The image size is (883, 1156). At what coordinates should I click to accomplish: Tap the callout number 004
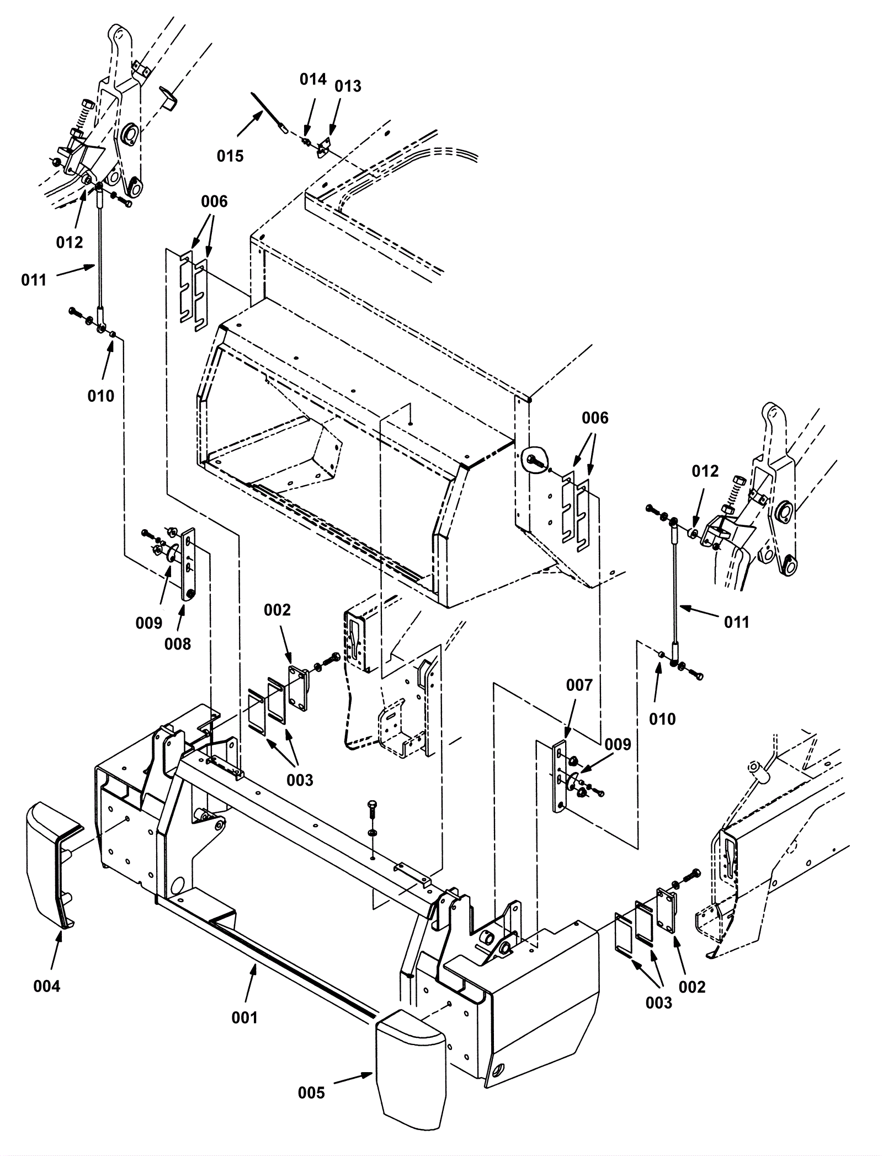pos(47,986)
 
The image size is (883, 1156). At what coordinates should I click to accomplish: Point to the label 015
pos(230,156)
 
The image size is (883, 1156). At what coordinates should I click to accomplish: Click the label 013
pos(348,86)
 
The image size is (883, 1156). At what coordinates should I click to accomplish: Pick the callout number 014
pos(313,79)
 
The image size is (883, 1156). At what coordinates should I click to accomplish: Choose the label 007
pos(579,685)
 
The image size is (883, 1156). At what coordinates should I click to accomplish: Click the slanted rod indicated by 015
pos(270,113)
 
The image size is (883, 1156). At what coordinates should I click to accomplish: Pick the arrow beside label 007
pos(571,716)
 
